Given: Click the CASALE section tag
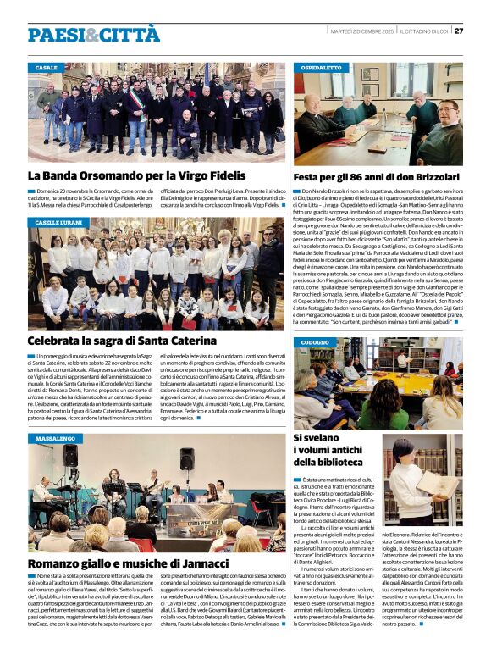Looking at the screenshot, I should pyautogui.click(x=47, y=67).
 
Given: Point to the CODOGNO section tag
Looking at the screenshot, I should pyautogui.click(x=315, y=342).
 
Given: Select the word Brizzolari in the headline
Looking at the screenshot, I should pyautogui.click(x=429, y=178).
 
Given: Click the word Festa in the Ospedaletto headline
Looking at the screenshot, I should pyautogui.click(x=310, y=178).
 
